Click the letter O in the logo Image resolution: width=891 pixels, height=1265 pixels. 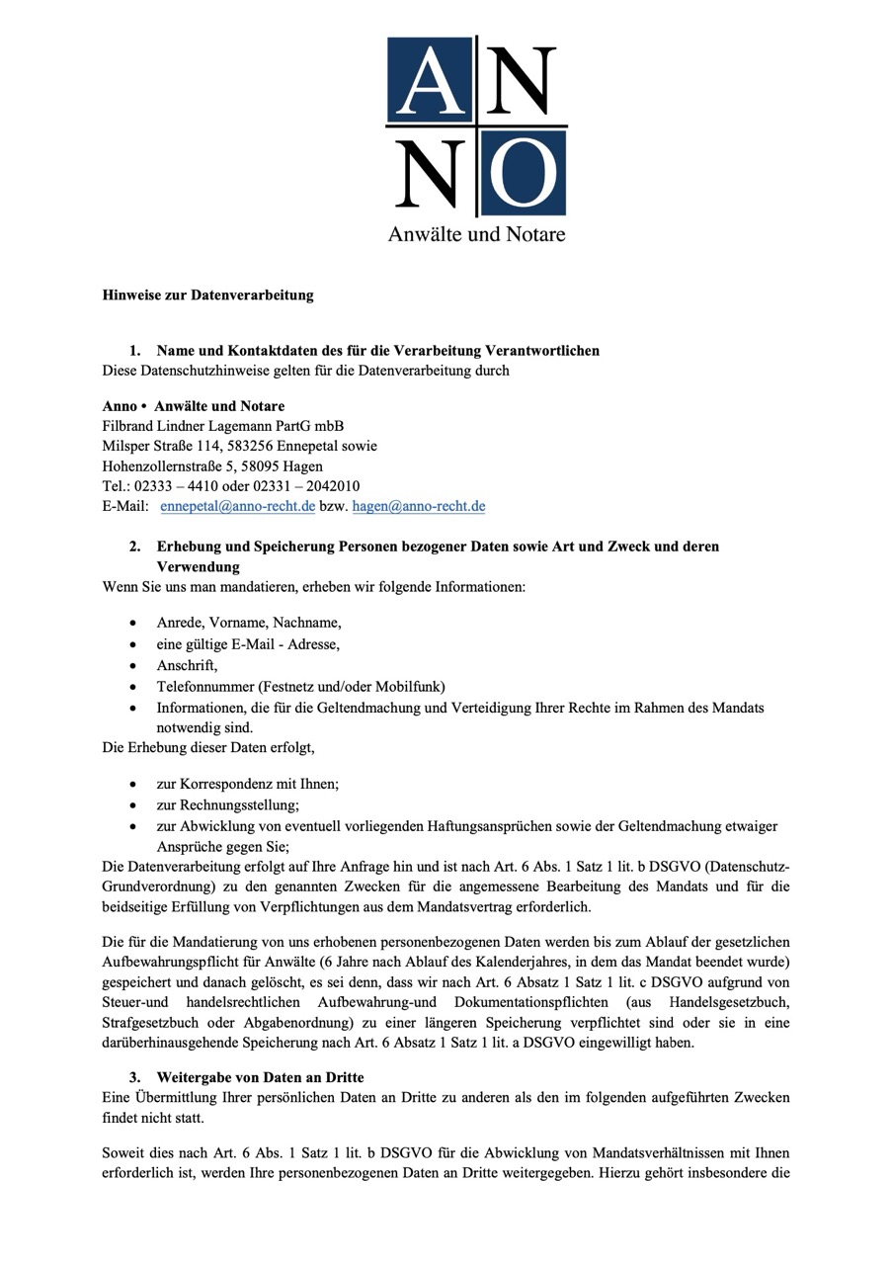pos(523,174)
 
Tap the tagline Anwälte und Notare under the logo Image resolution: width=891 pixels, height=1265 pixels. pos(476,234)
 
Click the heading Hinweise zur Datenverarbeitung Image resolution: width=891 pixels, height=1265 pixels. pos(207,295)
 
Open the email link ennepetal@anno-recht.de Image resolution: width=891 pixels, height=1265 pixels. pos(237,507)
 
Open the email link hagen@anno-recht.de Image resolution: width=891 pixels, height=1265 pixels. pos(419,507)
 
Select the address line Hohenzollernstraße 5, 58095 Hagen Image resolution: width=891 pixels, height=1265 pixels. pos(212,465)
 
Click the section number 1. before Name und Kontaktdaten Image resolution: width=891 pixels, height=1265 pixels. pos(135,351)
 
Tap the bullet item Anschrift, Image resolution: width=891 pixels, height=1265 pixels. pos(187,665)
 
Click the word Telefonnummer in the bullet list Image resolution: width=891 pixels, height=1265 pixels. pos(203,686)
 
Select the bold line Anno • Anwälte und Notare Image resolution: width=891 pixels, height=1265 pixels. pos(194,406)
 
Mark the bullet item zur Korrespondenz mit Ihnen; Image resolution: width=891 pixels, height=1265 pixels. pos(247,784)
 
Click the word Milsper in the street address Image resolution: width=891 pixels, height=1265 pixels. pos(126,446)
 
